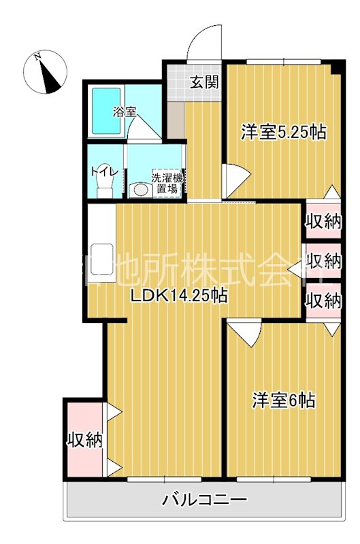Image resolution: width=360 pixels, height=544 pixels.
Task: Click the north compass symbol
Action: pyautogui.click(x=46, y=73)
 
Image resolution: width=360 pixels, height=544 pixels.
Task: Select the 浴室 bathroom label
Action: pyautogui.click(x=124, y=110)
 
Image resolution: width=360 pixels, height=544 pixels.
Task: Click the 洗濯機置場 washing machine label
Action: pyautogui.click(x=167, y=182)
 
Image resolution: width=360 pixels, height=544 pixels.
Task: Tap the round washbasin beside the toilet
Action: pyautogui.click(x=141, y=189)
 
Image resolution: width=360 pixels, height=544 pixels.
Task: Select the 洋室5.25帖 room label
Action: pyautogui.click(x=282, y=132)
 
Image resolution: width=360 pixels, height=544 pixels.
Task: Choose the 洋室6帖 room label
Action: pyautogui.click(x=284, y=401)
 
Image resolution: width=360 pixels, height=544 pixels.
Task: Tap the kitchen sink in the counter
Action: pyautogui.click(x=101, y=256)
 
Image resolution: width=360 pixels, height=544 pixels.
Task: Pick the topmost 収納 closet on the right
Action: pyautogui.click(x=323, y=220)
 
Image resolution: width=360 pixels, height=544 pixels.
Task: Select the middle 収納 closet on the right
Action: pyautogui.click(x=323, y=260)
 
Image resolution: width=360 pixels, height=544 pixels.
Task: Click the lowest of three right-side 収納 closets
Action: pyautogui.click(x=323, y=300)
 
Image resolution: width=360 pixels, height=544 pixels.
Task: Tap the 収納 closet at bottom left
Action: pyautogui.click(x=84, y=440)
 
